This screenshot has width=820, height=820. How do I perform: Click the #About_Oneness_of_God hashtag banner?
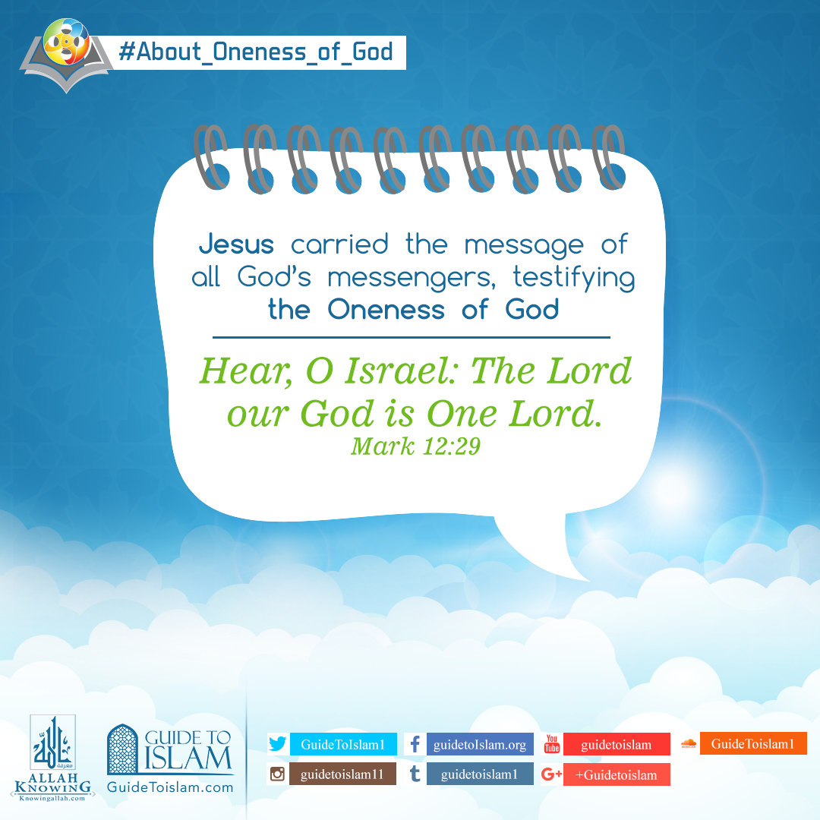tap(256, 52)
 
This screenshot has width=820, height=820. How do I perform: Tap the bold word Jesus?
tap(235, 245)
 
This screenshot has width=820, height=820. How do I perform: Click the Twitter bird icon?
tap(278, 744)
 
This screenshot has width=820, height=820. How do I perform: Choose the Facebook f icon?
tap(415, 744)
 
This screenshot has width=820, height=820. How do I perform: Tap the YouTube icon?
tap(552, 744)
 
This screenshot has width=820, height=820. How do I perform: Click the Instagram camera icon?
tap(278, 774)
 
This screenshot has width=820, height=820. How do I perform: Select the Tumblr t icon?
tap(415, 774)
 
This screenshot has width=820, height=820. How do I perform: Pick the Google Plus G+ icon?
tap(552, 774)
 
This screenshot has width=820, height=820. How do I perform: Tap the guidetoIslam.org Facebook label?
tap(480, 744)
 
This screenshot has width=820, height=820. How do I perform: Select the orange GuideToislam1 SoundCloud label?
tap(752, 743)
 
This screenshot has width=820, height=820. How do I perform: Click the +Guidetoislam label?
tap(616, 774)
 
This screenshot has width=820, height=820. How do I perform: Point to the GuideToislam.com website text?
tap(170, 787)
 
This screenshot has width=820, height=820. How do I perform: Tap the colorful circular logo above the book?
tap(68, 43)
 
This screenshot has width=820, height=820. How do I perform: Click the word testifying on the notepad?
tap(574, 278)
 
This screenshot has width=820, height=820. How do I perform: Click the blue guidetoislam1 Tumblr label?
tap(479, 774)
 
